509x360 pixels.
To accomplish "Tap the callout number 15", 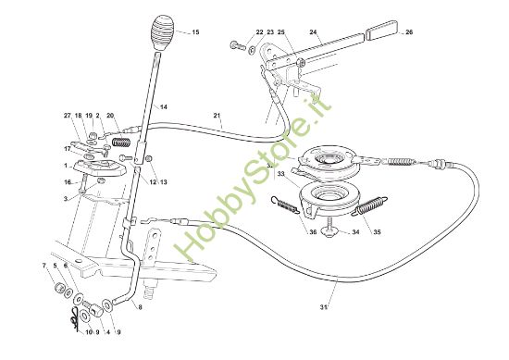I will [194, 32].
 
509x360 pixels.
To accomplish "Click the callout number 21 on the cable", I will [217, 116].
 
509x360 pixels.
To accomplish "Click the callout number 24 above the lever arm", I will [314, 32].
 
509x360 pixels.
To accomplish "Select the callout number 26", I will [409, 32].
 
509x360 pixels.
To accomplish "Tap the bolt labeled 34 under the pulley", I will [331, 232].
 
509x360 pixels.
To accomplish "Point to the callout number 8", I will [140, 306].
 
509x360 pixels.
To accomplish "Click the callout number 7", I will [43, 266].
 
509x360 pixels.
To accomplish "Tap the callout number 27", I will [67, 115].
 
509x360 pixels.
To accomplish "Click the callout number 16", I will [67, 182].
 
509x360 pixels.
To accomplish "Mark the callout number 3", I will [67, 198].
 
